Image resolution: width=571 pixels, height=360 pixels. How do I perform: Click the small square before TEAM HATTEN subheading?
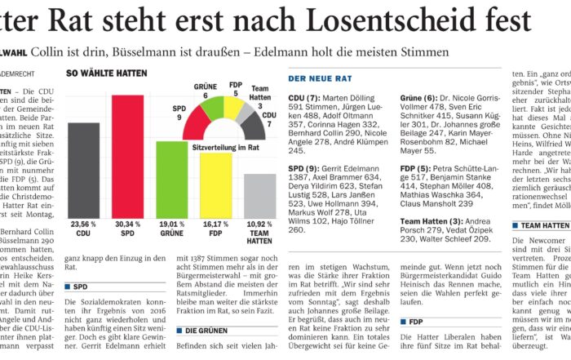(x=515, y=225)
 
